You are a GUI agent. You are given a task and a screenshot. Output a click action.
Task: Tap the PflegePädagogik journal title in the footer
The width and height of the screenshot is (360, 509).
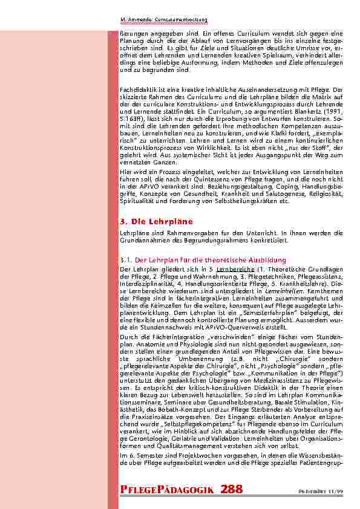click(166, 488)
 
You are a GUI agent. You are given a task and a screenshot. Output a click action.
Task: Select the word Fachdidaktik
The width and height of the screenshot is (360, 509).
click(137, 89)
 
